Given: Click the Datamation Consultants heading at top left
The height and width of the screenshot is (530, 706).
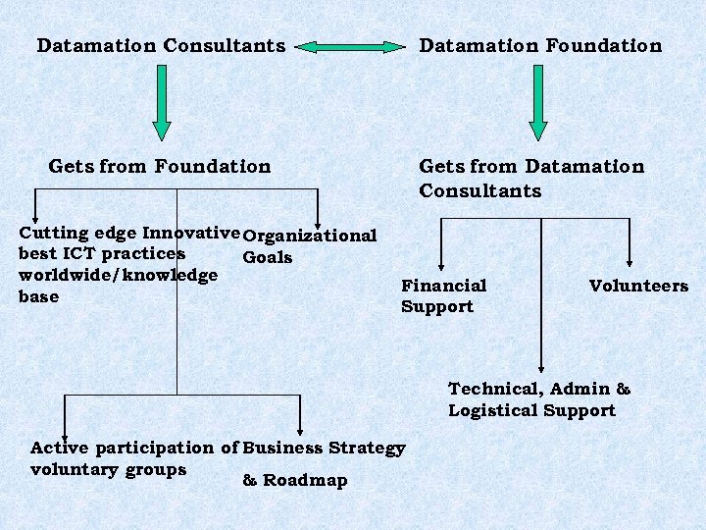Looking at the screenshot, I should (x=161, y=46).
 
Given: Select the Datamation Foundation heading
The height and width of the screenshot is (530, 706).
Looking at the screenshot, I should (x=540, y=46).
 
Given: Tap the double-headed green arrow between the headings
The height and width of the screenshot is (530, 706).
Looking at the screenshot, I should (x=351, y=46).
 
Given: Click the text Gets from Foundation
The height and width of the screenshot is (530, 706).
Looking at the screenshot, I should (x=159, y=167).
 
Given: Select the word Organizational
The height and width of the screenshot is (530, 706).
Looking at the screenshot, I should (x=309, y=236).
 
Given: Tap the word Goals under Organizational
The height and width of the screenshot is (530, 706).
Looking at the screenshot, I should (x=267, y=258).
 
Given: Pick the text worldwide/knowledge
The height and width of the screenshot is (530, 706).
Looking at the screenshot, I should (x=118, y=275).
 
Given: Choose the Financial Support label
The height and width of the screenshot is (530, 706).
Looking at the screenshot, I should (x=443, y=295).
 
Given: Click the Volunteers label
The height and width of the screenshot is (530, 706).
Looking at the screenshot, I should (x=638, y=287).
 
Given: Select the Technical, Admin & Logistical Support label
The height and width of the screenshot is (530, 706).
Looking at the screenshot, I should (x=538, y=400).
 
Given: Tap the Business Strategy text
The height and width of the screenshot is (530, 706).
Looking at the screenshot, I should (x=324, y=449).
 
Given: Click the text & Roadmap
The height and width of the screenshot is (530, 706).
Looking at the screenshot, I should (x=294, y=481).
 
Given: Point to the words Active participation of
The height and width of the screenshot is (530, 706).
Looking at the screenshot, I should (x=134, y=449).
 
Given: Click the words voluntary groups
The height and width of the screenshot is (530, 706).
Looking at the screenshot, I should (x=108, y=469).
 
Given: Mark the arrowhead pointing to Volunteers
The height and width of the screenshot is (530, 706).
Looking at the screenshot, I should (x=630, y=262).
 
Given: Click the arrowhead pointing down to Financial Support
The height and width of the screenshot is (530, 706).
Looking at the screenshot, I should (x=442, y=262).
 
